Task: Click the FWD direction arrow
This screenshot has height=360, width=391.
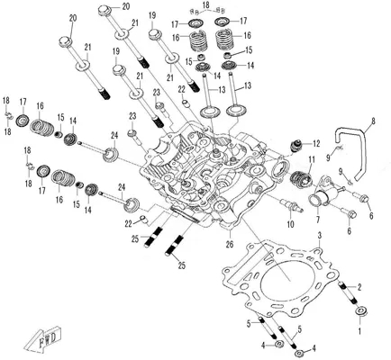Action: pos(47,339)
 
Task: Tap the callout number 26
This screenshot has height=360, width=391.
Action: pos(229,245)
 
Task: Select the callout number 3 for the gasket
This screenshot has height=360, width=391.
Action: pos(320,236)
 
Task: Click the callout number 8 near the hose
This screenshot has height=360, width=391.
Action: pos(373,121)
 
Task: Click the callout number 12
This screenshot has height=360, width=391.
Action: pos(316,144)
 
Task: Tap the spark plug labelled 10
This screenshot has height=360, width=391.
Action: pos(291,206)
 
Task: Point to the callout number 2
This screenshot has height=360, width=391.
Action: pos(360,287)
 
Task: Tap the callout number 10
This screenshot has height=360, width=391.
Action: pos(291,224)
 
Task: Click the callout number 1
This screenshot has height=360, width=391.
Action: pos(360,331)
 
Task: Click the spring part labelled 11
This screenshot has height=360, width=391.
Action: pos(301,177)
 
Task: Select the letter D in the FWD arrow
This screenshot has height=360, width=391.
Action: pos(55,338)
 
